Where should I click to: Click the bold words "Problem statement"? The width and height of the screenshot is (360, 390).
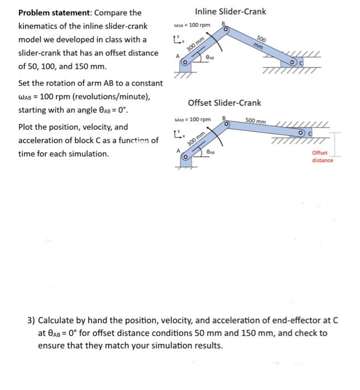pos(52,12)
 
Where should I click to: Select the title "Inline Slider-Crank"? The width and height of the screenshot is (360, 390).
pos(230,11)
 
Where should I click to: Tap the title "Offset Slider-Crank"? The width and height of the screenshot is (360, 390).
pos(224,103)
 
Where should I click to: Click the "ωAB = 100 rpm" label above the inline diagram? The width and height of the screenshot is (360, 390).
pos(192,25)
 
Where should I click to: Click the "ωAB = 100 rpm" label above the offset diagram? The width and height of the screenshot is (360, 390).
pos(192,120)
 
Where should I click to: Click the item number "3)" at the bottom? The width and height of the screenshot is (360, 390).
pos(32,320)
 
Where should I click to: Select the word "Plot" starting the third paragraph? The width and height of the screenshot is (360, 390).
pos(27,127)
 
